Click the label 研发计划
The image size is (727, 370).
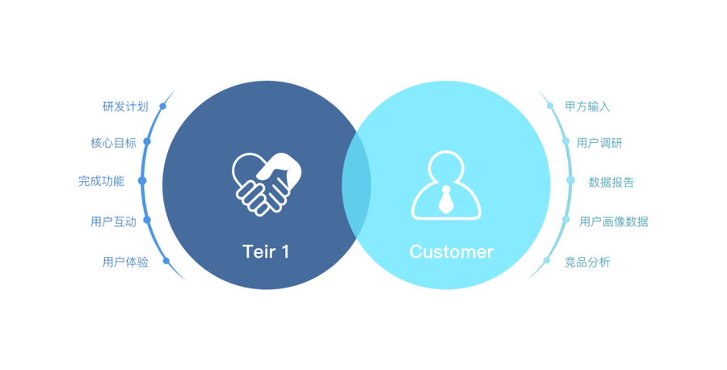(125, 107)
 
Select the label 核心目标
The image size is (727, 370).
(113, 143)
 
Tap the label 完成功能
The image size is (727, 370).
(101, 181)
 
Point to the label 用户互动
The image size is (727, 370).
(113, 221)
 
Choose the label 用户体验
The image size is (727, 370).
(125, 262)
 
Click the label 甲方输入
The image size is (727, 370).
(587, 107)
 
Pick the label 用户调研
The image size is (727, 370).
(599, 143)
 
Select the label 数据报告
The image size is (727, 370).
(611, 182)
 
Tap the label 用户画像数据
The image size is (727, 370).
(613, 221)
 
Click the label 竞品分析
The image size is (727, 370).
(587, 262)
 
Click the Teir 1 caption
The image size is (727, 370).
(266, 251)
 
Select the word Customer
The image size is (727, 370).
(451, 251)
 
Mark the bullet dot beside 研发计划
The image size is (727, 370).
(162, 106)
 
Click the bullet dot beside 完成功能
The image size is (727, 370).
(143, 181)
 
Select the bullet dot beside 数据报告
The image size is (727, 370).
(570, 181)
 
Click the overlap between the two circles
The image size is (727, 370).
(356, 185)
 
